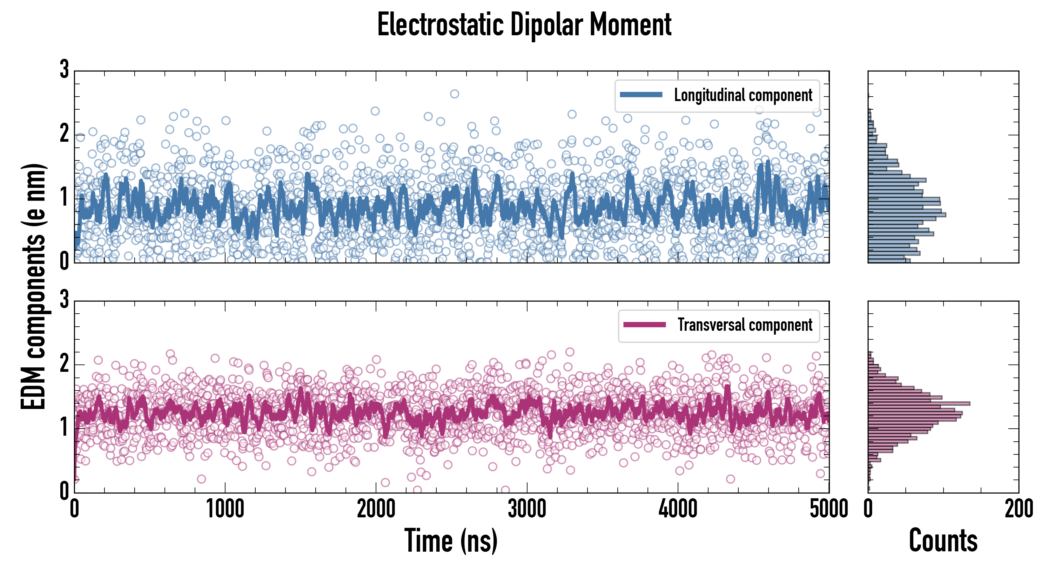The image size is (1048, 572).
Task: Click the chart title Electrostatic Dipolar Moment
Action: [524, 25]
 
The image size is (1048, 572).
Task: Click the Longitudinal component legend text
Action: [743, 95]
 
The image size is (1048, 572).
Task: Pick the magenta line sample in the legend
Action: [644, 325]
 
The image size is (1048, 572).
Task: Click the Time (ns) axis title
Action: [451, 541]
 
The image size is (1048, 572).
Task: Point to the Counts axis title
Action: [943, 541]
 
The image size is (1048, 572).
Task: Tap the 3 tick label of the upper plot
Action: [64, 69]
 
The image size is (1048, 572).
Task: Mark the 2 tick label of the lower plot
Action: [64, 363]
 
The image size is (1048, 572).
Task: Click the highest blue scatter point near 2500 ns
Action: [454, 94]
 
